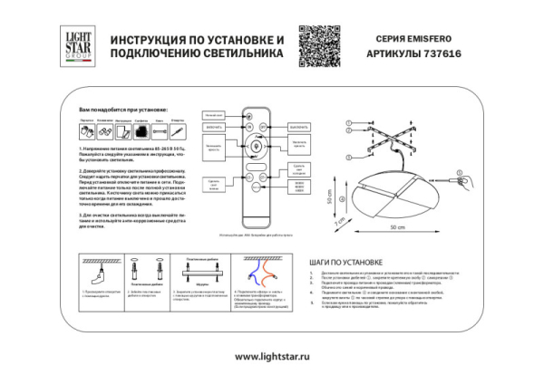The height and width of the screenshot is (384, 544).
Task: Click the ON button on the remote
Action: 244,128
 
